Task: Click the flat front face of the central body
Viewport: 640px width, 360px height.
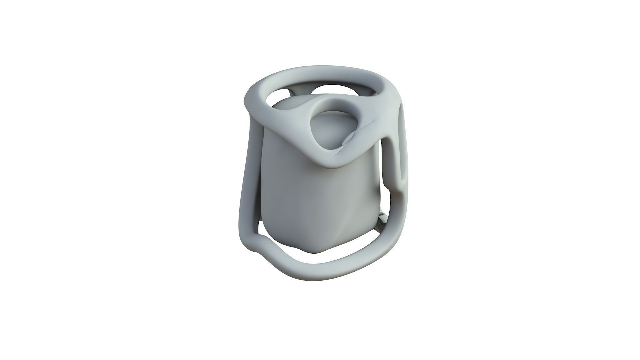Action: [x=300, y=200]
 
